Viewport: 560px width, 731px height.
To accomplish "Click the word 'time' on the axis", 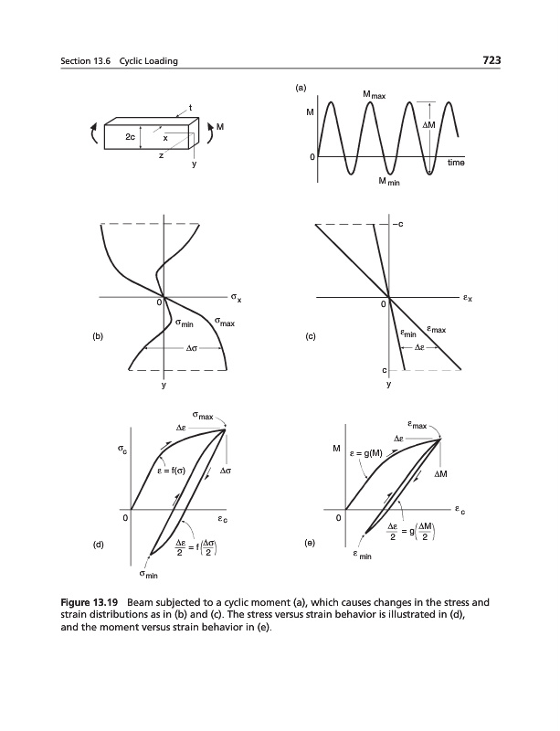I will [x=456, y=163].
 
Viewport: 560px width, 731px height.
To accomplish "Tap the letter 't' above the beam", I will [x=189, y=110].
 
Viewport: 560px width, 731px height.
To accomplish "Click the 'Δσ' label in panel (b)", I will [x=192, y=348].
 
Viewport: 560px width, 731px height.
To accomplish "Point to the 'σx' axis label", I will [x=237, y=298].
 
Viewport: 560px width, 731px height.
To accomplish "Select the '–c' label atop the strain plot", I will [x=399, y=224].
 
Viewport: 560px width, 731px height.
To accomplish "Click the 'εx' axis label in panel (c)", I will [x=467, y=298].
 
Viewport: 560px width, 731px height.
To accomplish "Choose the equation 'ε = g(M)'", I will [x=365, y=453].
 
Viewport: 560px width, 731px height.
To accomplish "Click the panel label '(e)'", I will [x=312, y=542].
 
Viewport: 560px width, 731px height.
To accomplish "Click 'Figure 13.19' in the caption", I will [x=93, y=604].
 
